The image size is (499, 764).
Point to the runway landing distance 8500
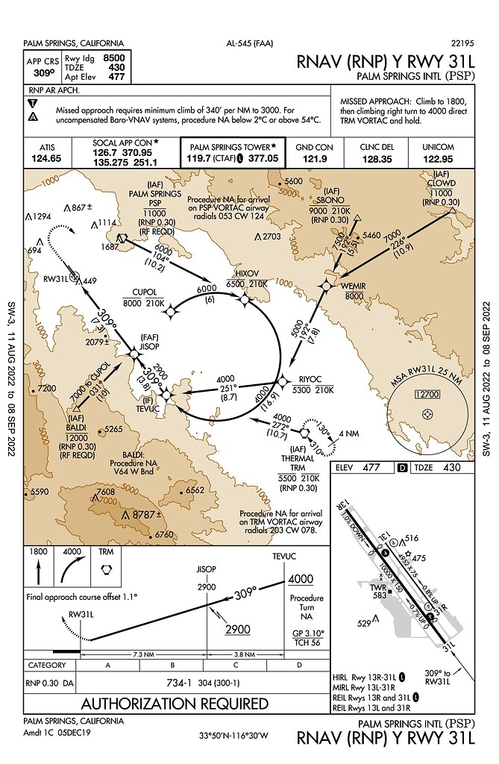pyautogui.click(x=114, y=57)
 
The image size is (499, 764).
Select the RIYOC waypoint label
pyautogui.click(x=310, y=378)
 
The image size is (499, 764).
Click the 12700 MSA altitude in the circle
pyautogui.click(x=426, y=393)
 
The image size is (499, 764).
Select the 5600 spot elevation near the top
pyautogui.click(x=294, y=181)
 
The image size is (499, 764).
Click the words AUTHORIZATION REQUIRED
pyautogui.click(x=175, y=703)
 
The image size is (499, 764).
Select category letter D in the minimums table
pyautogui.click(x=299, y=664)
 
